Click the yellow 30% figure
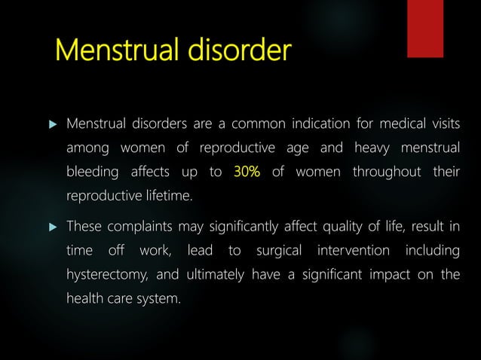pyautogui.click(x=247, y=172)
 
